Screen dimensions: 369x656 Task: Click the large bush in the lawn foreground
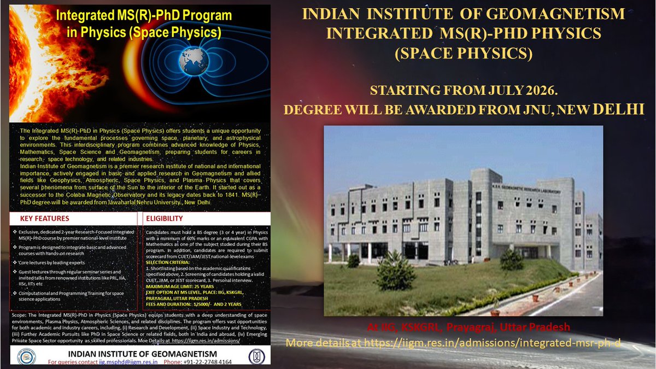pyautogui.click(x=395, y=272)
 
